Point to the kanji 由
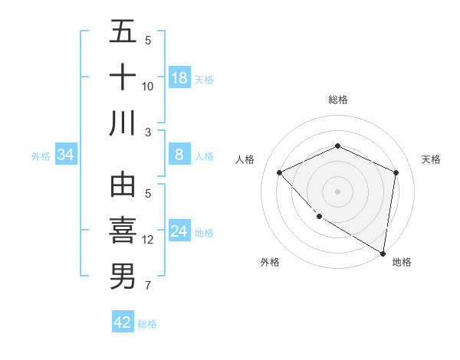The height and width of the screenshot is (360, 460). (123, 186)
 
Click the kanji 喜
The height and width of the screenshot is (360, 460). (123, 231)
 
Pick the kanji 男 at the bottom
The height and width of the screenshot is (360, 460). (123, 276)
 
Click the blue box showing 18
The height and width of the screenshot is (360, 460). (179, 78)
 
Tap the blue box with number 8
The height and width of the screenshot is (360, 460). (179, 155)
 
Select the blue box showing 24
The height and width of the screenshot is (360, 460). (179, 231)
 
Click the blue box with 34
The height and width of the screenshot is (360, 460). (66, 155)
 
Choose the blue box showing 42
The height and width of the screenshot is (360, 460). (123, 322)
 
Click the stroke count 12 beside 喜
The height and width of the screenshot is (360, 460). (148, 240)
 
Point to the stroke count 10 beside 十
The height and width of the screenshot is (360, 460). (148, 86)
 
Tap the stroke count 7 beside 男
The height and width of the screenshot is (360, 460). (148, 286)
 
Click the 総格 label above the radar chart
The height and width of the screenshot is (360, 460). (337, 100)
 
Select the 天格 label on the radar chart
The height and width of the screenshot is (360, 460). (432, 159)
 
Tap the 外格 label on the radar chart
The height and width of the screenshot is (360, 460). (270, 262)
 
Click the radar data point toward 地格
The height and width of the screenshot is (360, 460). (383, 253)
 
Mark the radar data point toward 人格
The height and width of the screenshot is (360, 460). (280, 172)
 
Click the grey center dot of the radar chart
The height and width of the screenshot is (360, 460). (337, 191)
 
